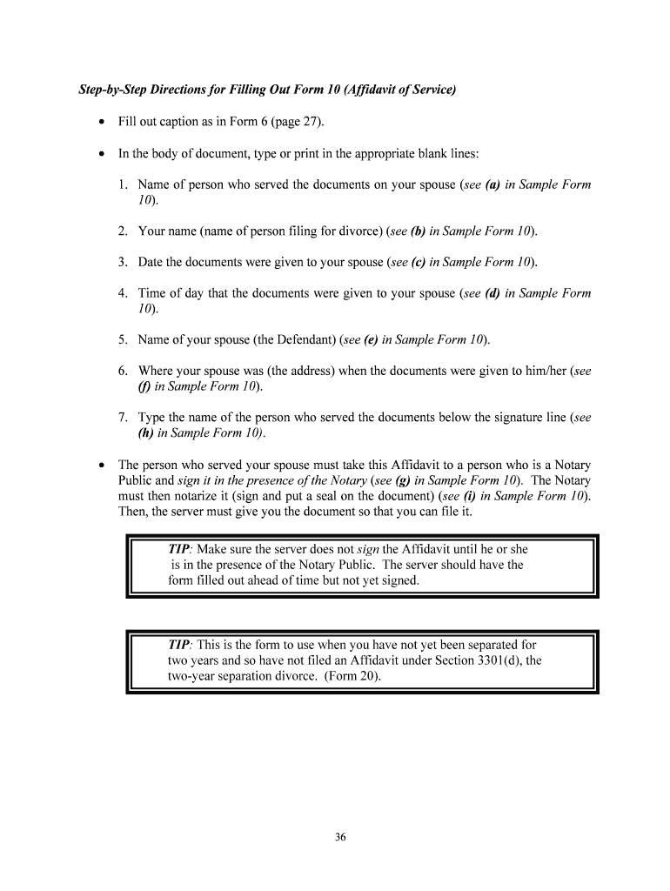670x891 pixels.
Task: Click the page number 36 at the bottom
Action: click(x=340, y=837)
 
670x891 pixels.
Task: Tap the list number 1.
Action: click(x=124, y=184)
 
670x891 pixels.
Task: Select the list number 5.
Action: click(x=124, y=339)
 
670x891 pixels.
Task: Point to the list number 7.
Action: click(x=124, y=417)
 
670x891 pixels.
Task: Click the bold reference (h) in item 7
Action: click(x=146, y=432)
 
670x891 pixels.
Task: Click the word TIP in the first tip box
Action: click(x=179, y=549)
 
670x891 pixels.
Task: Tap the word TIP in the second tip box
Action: click(x=179, y=645)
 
